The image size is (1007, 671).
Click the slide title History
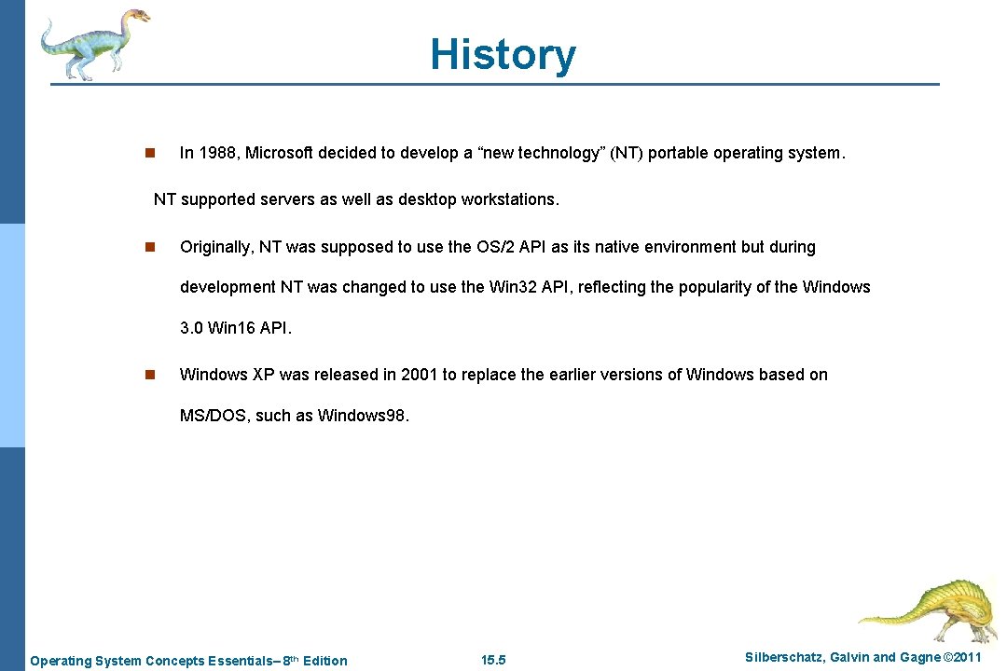point(503,54)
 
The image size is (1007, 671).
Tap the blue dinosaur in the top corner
point(93,44)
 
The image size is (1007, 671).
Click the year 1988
point(217,153)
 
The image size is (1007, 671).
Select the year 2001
point(420,375)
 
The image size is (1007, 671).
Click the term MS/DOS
point(213,416)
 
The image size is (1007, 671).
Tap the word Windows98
point(363,416)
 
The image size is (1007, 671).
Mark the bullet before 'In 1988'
point(148,153)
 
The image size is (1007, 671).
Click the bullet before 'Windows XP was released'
point(148,375)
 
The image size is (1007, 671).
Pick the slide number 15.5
point(493,661)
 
